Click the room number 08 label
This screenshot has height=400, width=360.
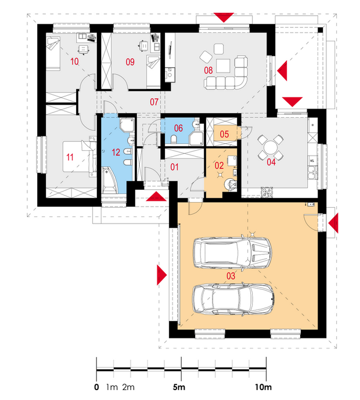tap(208, 70)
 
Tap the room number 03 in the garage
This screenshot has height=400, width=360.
tap(231, 276)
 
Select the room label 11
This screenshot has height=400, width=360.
tap(70, 157)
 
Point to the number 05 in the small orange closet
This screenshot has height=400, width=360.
tap(224, 134)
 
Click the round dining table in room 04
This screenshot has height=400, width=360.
tap(270, 147)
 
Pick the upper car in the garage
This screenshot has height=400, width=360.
tap(232, 253)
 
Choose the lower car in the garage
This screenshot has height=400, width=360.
tap(233, 299)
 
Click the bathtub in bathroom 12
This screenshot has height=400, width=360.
tap(110, 180)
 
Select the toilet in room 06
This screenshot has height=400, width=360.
tap(174, 139)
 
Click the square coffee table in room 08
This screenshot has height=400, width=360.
tap(223, 66)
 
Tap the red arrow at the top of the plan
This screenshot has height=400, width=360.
tap(224, 17)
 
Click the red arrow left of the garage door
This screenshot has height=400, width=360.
tap(161, 275)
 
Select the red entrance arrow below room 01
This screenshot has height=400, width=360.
tap(156, 196)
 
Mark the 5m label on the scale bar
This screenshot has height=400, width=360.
tap(179, 387)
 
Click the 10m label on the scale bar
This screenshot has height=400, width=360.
tap(263, 387)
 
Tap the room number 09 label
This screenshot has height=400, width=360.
tap(130, 62)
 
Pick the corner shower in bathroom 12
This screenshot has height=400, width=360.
tap(127, 124)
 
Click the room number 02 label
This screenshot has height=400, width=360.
tap(219, 166)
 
